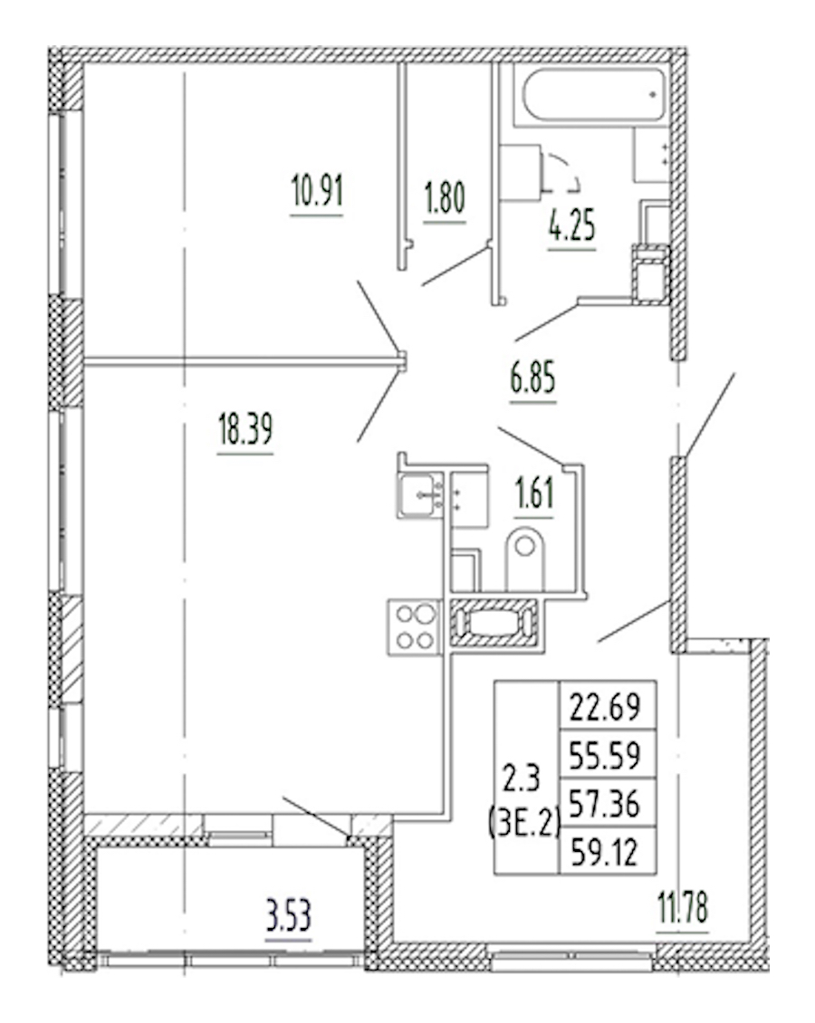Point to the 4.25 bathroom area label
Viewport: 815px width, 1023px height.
click(572, 226)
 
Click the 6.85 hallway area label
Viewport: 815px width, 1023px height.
click(532, 378)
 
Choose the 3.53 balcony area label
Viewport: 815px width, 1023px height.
click(288, 916)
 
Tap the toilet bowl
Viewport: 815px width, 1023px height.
click(524, 559)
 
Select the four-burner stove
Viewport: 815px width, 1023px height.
click(416, 627)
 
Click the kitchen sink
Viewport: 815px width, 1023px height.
click(421, 494)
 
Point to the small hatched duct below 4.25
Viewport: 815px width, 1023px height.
click(650, 274)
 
